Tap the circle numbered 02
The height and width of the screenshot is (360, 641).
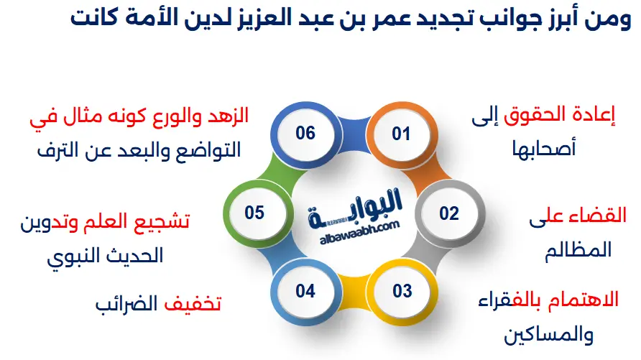coord(449,213)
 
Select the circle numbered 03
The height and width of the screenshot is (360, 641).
coord(402,291)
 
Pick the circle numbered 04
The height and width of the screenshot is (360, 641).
coord(305,291)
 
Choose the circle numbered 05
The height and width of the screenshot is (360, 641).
coord(254,213)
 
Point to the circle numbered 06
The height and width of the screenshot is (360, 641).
coord(305,134)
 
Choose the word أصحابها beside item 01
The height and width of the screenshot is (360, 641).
coord(543,149)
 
